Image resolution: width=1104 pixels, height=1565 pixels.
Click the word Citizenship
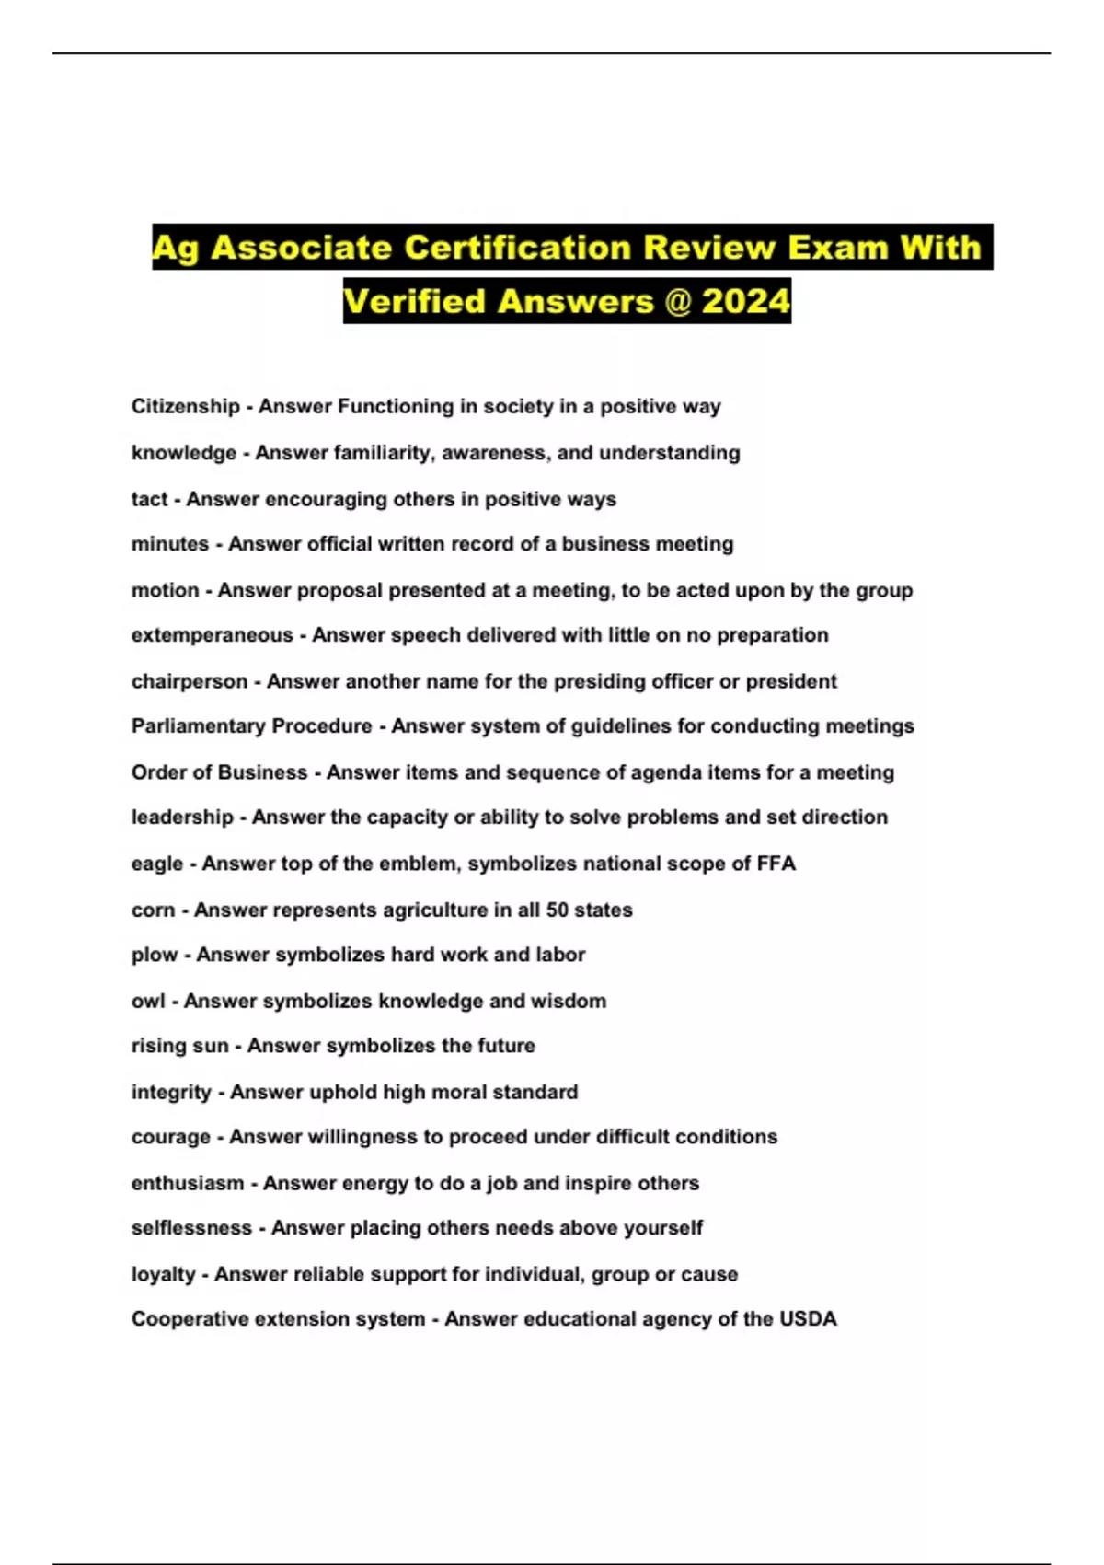[185, 406]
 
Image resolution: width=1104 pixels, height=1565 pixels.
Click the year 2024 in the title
[745, 301]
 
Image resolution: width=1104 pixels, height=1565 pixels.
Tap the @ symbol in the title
[677, 301]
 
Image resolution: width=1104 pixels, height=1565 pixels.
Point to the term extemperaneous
[212, 635]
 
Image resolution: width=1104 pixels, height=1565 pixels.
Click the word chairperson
[190, 681]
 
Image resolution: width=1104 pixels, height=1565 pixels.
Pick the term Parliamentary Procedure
[251, 726]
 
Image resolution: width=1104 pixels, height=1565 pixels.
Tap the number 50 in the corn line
[558, 910]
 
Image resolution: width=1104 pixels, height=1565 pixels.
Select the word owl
[148, 1001]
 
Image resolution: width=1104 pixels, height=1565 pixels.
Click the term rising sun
[179, 1046]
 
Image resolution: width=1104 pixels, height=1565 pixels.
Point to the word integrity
[171, 1092]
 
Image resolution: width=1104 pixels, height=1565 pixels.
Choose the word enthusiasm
[188, 1183]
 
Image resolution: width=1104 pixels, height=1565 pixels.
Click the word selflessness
[191, 1228]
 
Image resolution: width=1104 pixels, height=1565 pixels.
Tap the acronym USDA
[808, 1319]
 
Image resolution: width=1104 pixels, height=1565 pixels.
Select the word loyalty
[163, 1274]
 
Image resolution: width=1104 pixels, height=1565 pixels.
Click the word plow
[154, 955]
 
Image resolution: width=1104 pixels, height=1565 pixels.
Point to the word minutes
[169, 544]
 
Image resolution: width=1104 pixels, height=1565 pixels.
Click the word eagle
[156, 864]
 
